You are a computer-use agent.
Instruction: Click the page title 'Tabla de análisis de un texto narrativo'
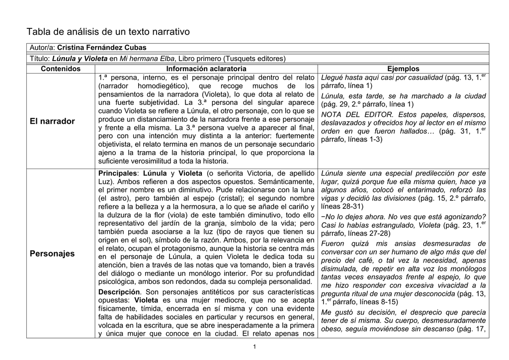click(108, 32)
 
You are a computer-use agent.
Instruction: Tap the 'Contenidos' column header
click(60, 69)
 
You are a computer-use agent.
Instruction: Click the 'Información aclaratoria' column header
click(206, 69)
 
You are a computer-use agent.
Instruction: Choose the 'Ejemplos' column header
click(403, 69)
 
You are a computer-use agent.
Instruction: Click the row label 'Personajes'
click(52, 254)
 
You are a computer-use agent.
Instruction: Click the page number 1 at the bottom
click(254, 347)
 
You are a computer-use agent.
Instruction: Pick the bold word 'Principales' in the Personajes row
click(117, 173)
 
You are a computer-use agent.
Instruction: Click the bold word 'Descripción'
click(119, 291)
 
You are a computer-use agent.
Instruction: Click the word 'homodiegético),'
click(162, 86)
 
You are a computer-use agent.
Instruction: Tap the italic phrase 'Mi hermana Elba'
click(146, 59)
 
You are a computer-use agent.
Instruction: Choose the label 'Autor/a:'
click(42, 47)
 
